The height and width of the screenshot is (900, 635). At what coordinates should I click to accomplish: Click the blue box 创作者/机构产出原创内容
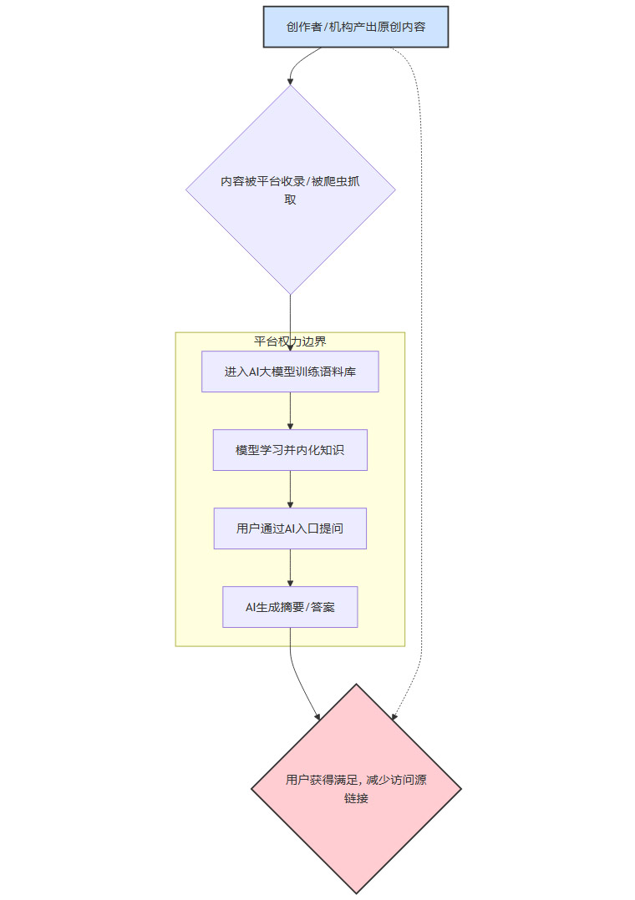click(356, 27)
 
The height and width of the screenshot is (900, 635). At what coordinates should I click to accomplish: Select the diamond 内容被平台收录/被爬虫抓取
click(290, 190)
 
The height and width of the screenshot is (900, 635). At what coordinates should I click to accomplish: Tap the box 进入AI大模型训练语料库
click(290, 372)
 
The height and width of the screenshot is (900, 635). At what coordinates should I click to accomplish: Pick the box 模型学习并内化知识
click(290, 450)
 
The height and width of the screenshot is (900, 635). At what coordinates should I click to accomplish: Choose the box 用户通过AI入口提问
click(290, 528)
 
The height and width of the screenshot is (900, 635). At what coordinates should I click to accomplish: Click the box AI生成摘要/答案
click(290, 607)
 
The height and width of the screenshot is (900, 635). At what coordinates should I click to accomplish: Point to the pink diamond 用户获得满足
click(356, 788)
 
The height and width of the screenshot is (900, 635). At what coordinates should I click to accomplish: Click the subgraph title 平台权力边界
click(290, 341)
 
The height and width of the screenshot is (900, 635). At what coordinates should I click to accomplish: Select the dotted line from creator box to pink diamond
click(422, 376)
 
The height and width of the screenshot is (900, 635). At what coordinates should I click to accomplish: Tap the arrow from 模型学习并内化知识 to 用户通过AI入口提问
click(290, 489)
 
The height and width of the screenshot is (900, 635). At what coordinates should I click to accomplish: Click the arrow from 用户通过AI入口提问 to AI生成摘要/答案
click(290, 568)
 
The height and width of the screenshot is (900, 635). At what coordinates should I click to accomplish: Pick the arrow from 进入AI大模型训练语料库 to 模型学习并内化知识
click(290, 411)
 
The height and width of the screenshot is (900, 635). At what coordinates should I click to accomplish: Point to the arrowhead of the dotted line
click(394, 715)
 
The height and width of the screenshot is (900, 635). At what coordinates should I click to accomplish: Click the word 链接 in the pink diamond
click(356, 798)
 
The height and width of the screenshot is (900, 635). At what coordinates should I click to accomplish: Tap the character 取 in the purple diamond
click(290, 200)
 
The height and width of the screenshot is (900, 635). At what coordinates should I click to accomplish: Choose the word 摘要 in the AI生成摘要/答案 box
click(288, 607)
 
